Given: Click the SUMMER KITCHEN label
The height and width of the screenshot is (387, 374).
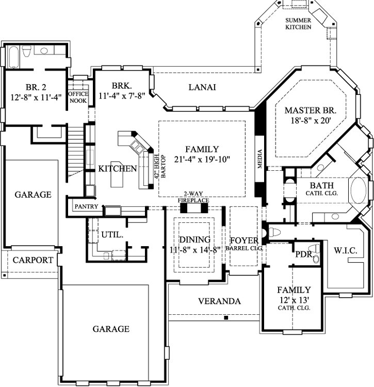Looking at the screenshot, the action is (x=298, y=24).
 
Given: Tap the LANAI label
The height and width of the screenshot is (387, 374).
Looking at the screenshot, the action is (x=202, y=87).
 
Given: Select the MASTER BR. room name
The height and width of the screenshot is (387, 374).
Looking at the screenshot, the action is (x=311, y=110).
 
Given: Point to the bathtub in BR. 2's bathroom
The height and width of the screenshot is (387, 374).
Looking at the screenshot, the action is (x=13, y=57).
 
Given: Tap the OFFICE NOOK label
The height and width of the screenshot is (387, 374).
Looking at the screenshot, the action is (x=78, y=97).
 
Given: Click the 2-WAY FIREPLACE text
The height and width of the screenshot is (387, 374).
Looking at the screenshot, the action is (x=193, y=197).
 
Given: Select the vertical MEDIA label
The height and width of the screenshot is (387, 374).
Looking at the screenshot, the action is (x=259, y=159).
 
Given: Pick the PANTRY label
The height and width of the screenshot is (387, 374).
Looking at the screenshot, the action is (x=86, y=206).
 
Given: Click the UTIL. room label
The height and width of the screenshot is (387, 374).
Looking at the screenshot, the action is (x=112, y=234).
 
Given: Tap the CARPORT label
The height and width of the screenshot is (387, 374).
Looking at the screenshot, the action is (x=33, y=260).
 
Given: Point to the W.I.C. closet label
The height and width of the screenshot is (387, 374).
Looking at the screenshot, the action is (x=346, y=250).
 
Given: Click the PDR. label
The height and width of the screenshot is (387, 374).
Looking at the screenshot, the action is (x=304, y=254).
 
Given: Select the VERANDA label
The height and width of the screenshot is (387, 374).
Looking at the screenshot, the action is (x=219, y=301).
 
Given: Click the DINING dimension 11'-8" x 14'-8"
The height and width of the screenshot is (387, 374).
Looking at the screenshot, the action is (x=194, y=250).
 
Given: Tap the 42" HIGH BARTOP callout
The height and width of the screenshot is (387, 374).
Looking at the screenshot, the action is (x=160, y=166).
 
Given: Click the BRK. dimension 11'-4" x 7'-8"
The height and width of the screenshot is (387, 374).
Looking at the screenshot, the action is (x=122, y=95).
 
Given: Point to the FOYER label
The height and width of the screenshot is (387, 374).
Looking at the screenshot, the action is (x=244, y=240).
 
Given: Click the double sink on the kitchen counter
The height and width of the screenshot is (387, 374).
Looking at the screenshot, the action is (x=137, y=147).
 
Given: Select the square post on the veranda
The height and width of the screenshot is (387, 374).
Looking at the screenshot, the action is (x=226, y=318).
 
